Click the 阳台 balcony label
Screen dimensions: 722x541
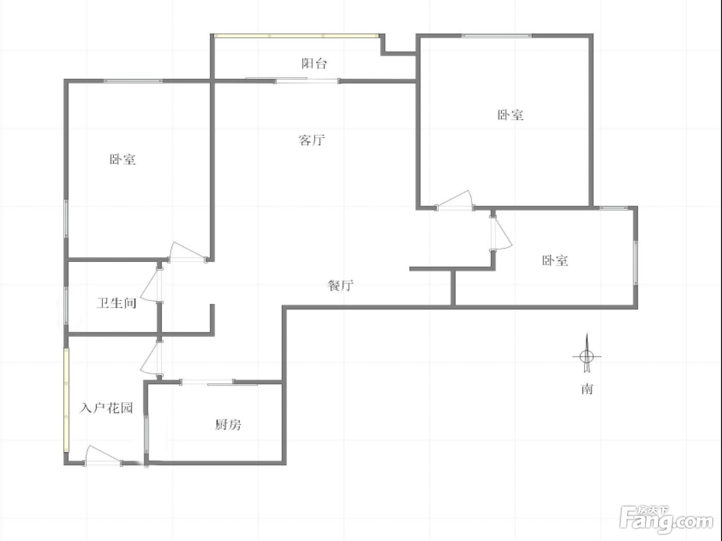[x=314, y=63]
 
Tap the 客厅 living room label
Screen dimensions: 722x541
[x=311, y=140]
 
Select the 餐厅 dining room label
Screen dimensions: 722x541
[x=340, y=285]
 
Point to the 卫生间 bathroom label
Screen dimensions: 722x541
[x=117, y=302]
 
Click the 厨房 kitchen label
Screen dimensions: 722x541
[x=228, y=425]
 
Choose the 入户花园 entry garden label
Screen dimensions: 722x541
[x=106, y=408]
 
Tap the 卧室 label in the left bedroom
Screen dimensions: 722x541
[x=122, y=160]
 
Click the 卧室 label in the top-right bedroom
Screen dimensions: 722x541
[x=510, y=115]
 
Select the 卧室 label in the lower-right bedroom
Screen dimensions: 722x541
[x=555, y=261]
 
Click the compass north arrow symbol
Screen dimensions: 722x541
[x=587, y=353]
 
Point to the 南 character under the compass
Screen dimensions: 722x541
[x=587, y=389]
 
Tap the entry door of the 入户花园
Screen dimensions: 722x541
[x=103, y=457]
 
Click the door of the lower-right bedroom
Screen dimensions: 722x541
[x=500, y=233]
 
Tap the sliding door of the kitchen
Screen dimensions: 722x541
[x=219, y=382]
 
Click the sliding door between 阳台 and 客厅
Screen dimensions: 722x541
[x=293, y=80]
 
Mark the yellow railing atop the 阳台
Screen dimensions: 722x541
[x=297, y=36]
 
